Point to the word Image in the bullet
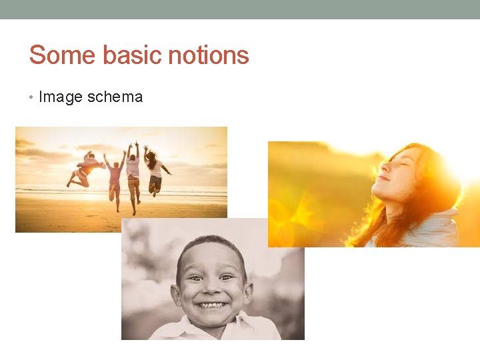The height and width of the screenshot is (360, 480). (60, 97)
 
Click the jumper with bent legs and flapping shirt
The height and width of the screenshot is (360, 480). (86, 169)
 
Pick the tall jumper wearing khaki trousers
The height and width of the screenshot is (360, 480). (133, 175)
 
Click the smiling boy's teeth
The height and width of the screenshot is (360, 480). (212, 305)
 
